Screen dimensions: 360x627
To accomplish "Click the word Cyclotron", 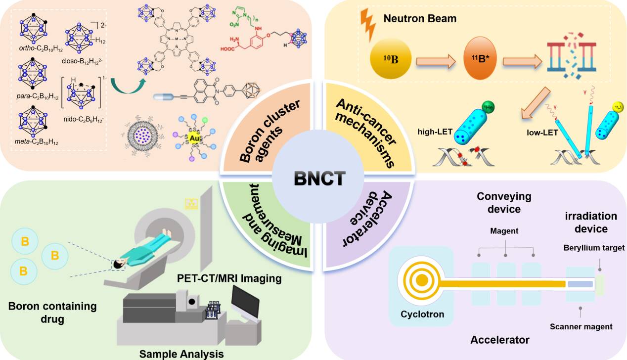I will click(422, 314).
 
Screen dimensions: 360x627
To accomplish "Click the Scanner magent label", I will click(581, 326).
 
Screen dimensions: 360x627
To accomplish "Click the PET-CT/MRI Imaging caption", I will click(229, 279).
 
